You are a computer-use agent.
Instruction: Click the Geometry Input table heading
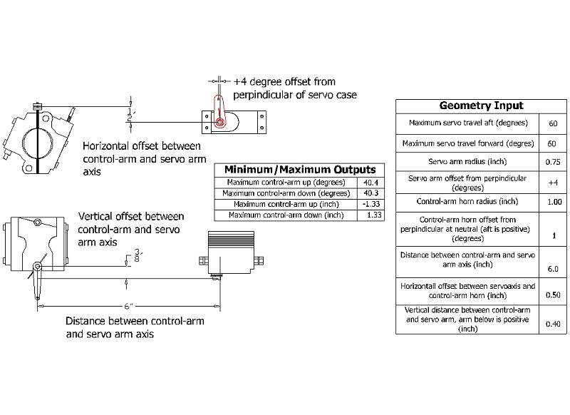tap(481, 106)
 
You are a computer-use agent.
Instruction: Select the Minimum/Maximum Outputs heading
tap(300, 170)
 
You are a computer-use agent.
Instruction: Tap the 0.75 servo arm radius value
tap(552, 162)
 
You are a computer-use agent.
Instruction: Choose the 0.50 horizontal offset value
tap(552, 294)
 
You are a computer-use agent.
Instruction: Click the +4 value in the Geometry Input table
tap(552, 182)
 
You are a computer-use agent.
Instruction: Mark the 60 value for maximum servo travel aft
tap(552, 123)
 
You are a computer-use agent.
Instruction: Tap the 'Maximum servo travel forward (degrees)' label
tap(468, 143)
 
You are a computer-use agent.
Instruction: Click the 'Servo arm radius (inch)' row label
tap(468, 162)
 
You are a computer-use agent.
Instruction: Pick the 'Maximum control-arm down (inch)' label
tap(284, 215)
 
